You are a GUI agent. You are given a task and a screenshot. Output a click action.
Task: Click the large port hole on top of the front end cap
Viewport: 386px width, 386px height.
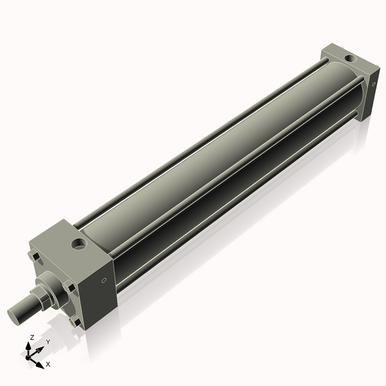coord(78,244)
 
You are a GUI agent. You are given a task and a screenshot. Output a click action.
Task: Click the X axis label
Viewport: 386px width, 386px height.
coord(48,364)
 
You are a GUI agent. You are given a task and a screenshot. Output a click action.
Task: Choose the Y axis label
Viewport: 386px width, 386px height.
coord(48,342)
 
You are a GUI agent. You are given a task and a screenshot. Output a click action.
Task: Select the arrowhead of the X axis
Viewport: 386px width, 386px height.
coord(40,363)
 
